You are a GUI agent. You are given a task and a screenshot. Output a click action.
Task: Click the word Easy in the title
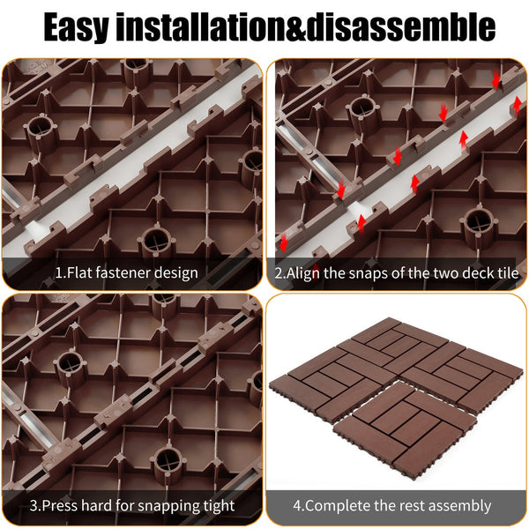pos(76,27)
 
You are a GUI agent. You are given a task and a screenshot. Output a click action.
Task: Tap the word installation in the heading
pos(200,26)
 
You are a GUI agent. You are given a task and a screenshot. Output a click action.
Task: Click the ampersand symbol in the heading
pos(295,27)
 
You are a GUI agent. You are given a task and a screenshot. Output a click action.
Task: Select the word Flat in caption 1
pos(79,272)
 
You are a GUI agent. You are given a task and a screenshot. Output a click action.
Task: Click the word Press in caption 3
pos(60,505)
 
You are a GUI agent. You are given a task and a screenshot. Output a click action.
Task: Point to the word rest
pos(411,506)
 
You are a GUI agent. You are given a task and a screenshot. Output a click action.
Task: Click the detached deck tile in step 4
pos(405,428)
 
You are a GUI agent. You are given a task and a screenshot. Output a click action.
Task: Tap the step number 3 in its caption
pos(34,505)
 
